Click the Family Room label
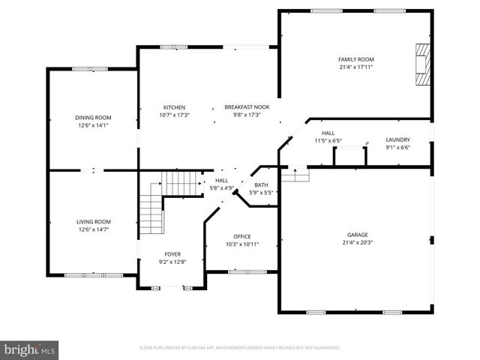[x=355, y=59]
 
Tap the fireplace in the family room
[x=424, y=65]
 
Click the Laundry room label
[x=397, y=140]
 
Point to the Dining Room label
[x=93, y=118]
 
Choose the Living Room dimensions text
[x=93, y=229]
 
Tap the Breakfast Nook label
[x=247, y=107]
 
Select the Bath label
[x=261, y=184]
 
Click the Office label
[x=241, y=236]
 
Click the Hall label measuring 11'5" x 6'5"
[x=328, y=133]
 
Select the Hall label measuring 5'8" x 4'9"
[x=222, y=180]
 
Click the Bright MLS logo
[x=30, y=349]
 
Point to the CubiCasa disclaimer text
[x=240, y=348]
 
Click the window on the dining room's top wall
[x=83, y=70]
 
